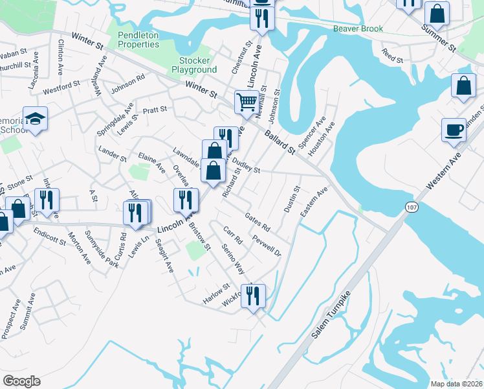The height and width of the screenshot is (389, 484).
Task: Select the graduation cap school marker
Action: (x=35, y=118)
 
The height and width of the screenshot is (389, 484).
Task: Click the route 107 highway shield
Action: (x=411, y=207)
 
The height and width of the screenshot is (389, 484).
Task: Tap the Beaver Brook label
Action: (x=358, y=29)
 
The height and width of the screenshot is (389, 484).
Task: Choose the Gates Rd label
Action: (x=257, y=220)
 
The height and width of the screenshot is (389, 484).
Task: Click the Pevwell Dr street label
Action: (x=267, y=245)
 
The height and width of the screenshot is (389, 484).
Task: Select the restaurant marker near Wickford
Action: (x=253, y=295)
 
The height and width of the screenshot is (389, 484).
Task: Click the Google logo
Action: (x=21, y=381)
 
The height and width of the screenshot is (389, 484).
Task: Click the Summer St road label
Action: (x=439, y=38)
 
